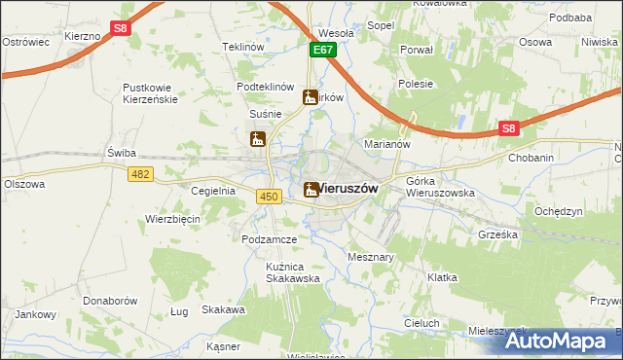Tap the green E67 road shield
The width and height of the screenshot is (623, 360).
(x=324, y=49)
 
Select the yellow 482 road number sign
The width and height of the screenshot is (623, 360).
(x=139, y=172)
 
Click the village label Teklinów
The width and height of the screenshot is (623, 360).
(x=243, y=47)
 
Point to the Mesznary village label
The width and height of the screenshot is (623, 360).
(x=371, y=257)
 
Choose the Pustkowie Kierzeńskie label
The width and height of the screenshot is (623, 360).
(x=161, y=93)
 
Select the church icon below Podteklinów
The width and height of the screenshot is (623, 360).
(x=311, y=97)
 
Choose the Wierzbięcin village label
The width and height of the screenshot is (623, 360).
(x=172, y=219)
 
